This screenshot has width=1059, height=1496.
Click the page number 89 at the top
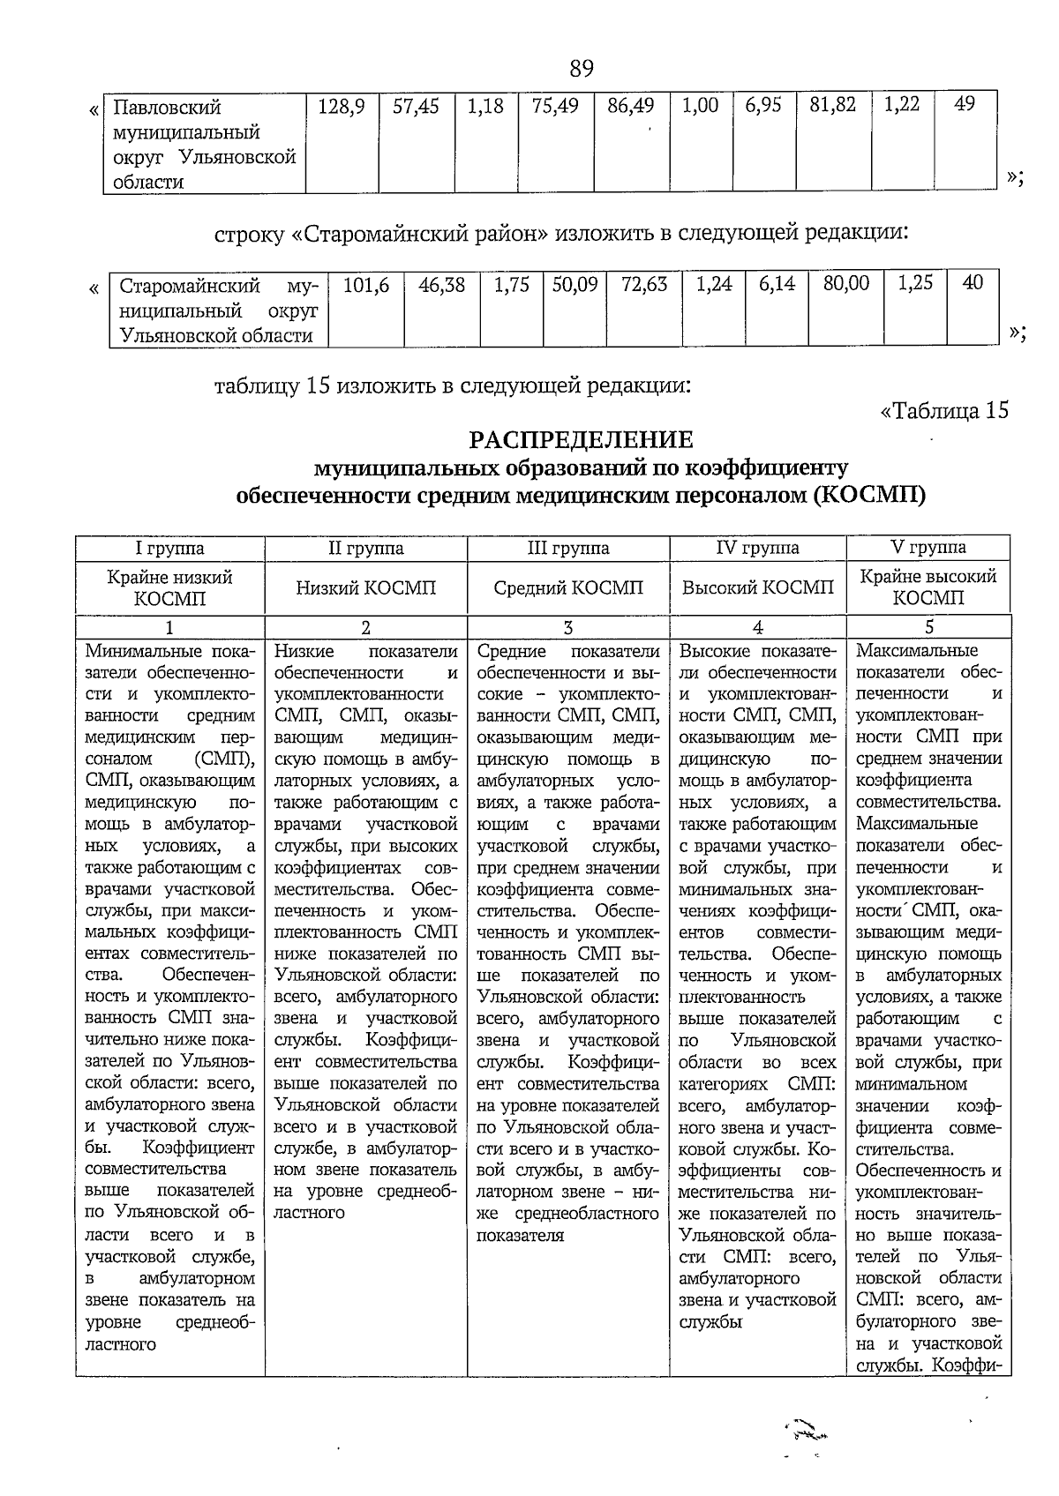click(582, 68)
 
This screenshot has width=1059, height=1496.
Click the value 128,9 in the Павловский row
click(342, 106)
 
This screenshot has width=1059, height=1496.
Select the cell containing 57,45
click(416, 106)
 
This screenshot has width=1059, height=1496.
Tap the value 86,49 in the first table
click(631, 106)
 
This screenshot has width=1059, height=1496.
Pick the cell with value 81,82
click(833, 105)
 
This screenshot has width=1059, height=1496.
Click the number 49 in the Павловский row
click(965, 104)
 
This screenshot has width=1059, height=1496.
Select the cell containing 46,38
click(442, 285)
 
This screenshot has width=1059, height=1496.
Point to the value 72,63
click(644, 285)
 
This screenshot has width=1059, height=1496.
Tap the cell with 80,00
click(845, 284)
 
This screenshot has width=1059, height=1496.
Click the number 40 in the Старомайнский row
click(973, 283)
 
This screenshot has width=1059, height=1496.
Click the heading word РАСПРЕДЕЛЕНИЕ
click(581, 439)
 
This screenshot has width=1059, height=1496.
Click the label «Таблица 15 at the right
click(943, 411)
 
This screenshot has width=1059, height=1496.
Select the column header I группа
click(169, 548)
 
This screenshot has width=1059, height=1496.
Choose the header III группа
click(568, 548)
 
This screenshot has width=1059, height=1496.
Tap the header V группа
click(928, 547)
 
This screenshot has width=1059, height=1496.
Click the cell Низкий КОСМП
click(366, 587)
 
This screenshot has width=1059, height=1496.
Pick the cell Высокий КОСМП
click(758, 587)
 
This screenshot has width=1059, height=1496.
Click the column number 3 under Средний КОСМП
click(568, 628)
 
